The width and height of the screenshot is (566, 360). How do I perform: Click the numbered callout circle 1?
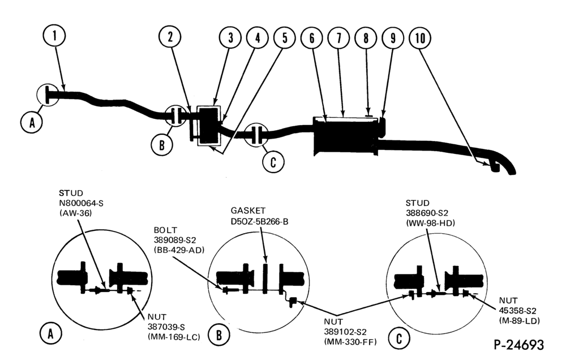click(54, 36)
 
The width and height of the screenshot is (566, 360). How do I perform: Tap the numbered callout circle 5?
click(285, 38)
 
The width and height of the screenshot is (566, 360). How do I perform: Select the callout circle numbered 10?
click(420, 38)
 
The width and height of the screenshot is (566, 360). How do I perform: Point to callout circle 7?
click(338, 38)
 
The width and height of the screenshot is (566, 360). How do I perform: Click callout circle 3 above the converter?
click(230, 37)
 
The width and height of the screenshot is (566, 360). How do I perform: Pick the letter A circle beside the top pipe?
click(32, 122)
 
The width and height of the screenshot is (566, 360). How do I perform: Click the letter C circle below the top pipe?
click(273, 162)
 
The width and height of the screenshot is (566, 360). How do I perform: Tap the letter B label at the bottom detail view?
click(218, 336)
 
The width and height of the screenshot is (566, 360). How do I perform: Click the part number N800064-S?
click(81, 203)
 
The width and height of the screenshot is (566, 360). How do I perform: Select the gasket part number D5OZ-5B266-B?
click(260, 221)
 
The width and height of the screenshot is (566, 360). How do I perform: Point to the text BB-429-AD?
click(179, 250)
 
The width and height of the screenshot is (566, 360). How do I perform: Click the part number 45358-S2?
click(518, 311)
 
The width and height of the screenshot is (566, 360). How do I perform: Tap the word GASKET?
click(248, 211)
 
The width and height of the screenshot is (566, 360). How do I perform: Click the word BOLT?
click(165, 230)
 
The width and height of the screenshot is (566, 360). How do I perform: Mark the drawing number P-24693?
click(518, 345)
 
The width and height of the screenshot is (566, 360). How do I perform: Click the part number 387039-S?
click(166, 327)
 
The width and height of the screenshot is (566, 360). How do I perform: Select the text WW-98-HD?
click(430, 223)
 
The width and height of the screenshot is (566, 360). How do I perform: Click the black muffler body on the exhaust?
click(345, 136)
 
